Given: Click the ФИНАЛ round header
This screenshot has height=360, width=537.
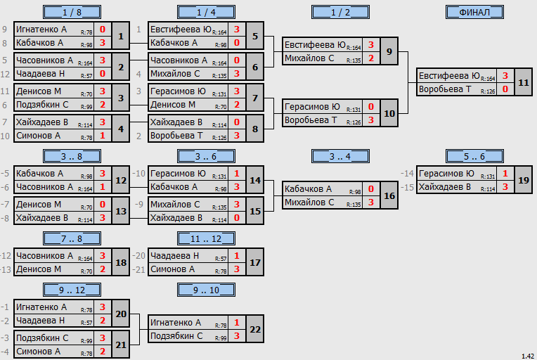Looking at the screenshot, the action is click(474, 12).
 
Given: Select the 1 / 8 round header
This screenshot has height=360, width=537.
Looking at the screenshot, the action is click(72, 12).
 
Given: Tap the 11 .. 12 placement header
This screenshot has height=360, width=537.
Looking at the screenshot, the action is click(206, 238).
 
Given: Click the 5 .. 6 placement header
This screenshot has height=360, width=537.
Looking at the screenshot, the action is click(474, 156).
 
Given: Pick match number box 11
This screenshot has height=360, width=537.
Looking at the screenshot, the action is click(524, 82).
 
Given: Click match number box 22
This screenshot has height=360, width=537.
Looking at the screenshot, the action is click(255, 329).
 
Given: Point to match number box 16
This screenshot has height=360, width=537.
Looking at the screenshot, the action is click(389, 195).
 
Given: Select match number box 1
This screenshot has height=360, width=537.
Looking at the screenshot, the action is click(121, 36).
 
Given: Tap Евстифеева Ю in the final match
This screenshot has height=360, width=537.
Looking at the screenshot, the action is click(449, 76).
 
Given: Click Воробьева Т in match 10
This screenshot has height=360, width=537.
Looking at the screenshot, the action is click(311, 120).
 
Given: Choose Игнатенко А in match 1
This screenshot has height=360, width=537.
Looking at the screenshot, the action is click(41, 30).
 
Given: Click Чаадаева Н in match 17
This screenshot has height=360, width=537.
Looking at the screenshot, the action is click(174, 256).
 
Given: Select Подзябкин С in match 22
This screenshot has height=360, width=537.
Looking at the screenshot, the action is click(176, 336).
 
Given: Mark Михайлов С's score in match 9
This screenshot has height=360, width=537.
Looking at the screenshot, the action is click(371, 58).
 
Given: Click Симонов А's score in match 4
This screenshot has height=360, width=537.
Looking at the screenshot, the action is click(103, 136).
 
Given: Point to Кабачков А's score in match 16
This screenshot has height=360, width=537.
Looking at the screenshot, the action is click(371, 189).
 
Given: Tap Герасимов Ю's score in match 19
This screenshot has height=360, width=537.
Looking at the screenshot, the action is click(505, 174).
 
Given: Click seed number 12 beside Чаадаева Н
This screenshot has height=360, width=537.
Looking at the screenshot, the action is click(5, 74).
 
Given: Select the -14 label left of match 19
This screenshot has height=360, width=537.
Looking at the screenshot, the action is click(407, 174).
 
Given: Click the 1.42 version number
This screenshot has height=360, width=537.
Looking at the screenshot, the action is click(528, 356).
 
